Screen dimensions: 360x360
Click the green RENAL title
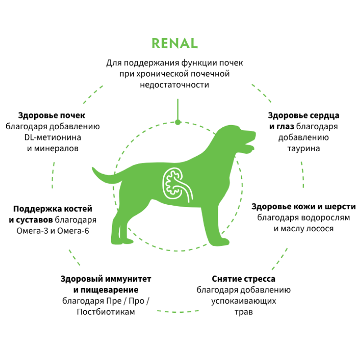pos(175,43)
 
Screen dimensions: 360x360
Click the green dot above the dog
pos(178,122)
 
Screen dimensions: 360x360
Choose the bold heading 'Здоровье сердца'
pos(304,115)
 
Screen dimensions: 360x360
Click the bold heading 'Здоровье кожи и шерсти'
pos(304,207)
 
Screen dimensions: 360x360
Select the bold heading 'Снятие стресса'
pos(243,279)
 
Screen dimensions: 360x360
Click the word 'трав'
pos(243,311)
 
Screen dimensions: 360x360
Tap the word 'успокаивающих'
pos(243,301)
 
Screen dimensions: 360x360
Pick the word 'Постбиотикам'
pos(106,312)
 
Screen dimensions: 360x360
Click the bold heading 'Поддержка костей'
pos(53,209)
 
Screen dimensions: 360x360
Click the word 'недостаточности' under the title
pos(175,85)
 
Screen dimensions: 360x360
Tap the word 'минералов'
pos(53,148)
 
